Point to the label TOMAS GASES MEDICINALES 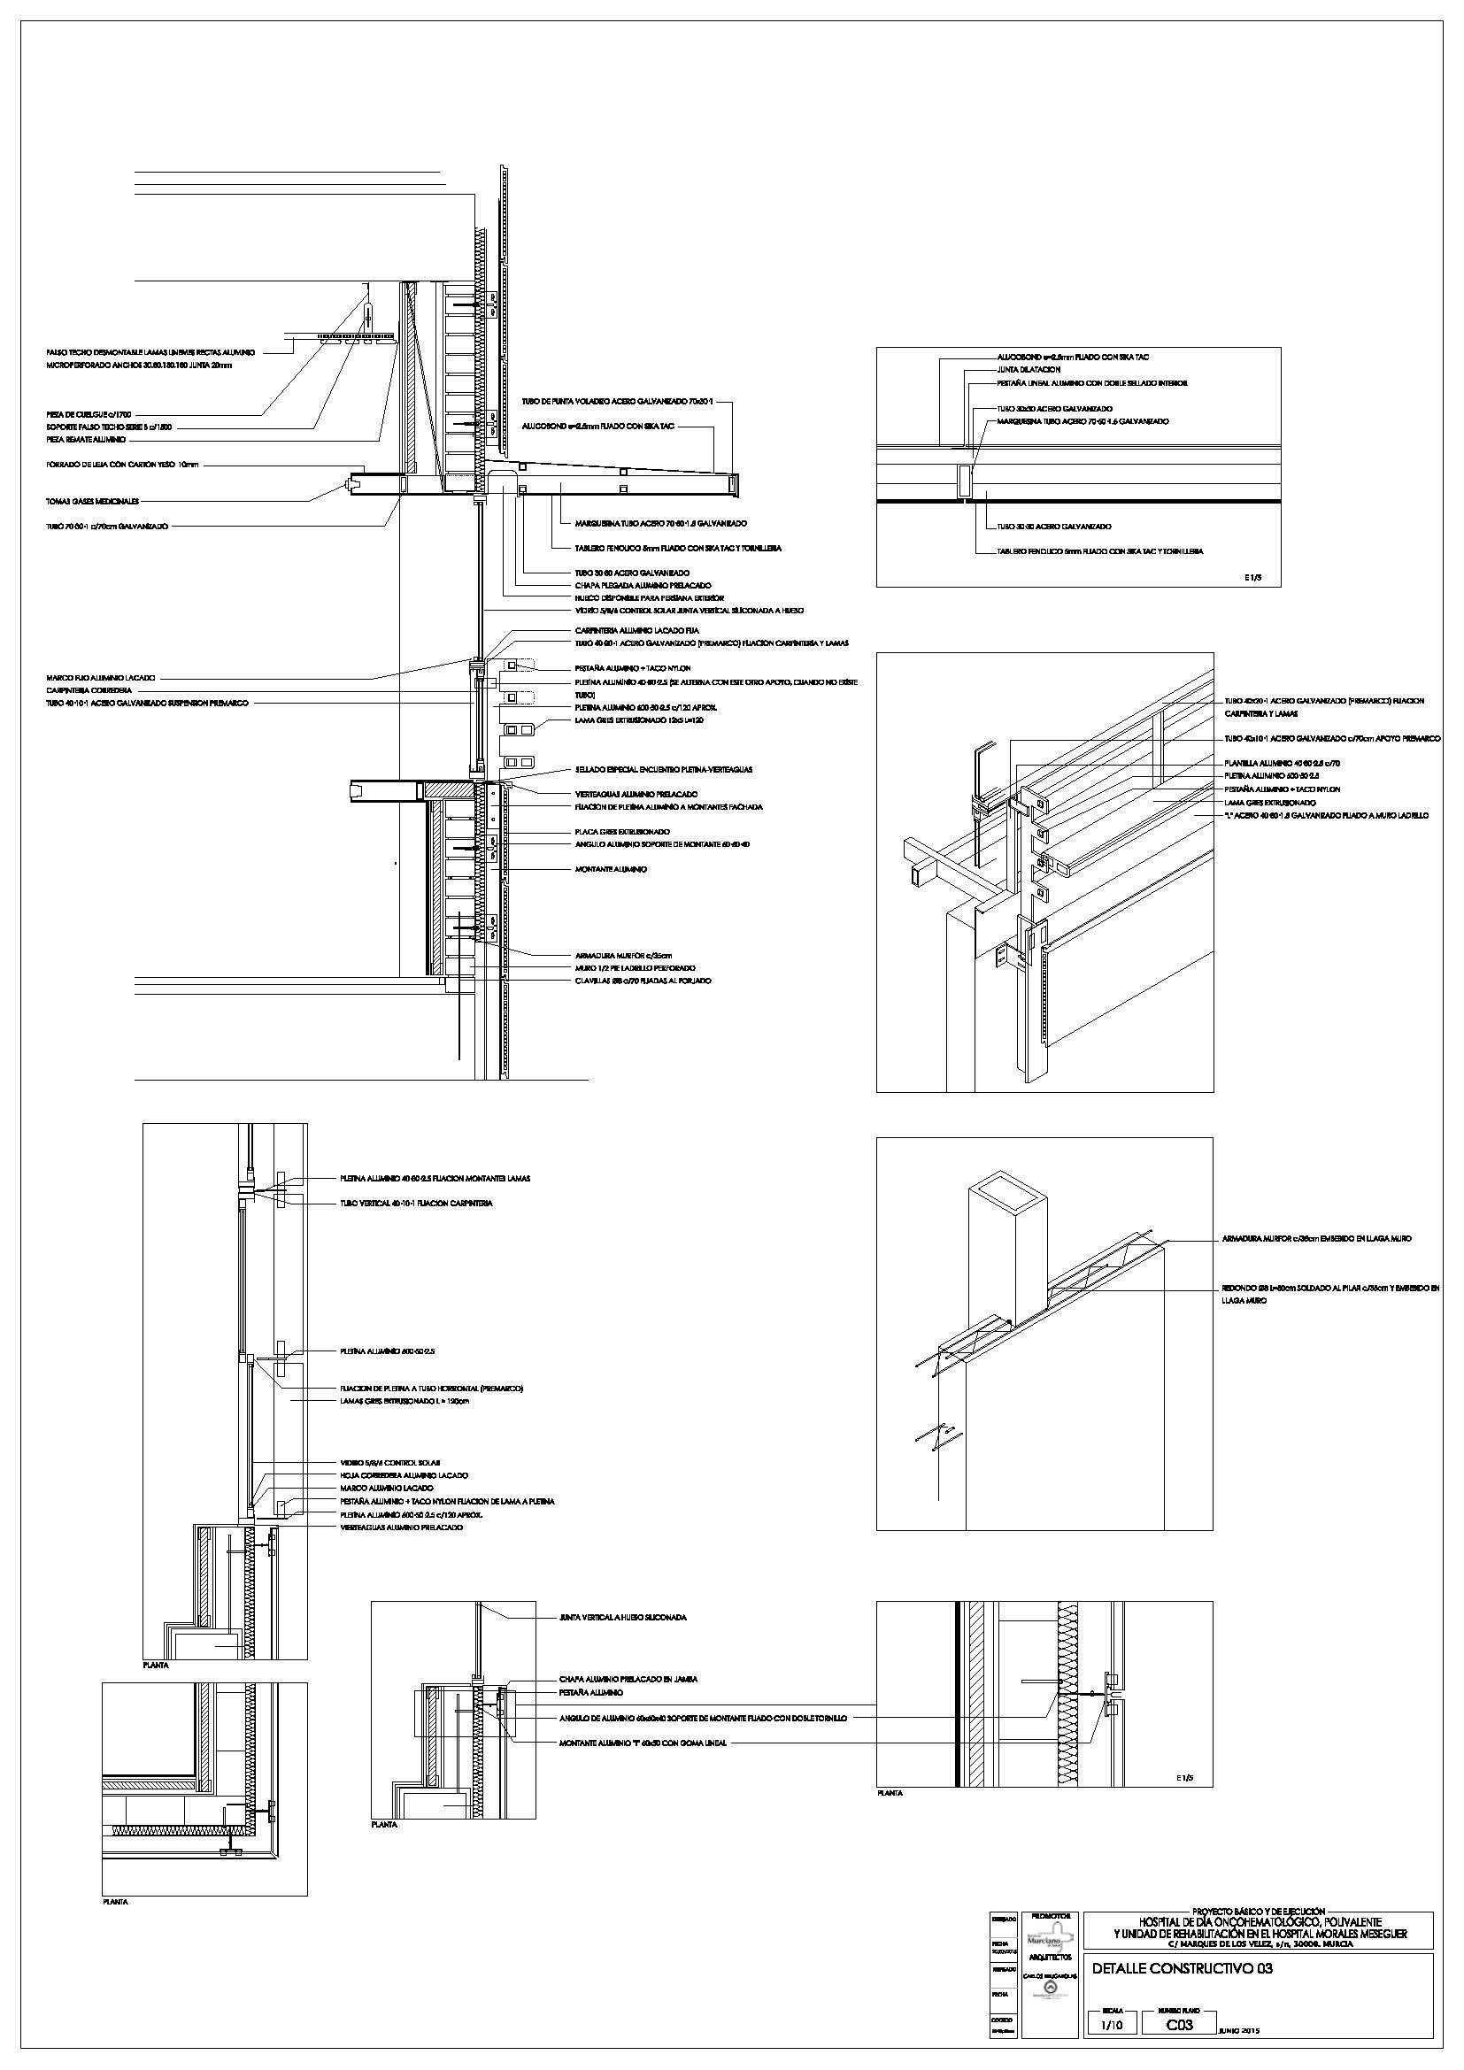93,500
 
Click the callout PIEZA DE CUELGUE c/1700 89,414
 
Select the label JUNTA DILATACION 1029,370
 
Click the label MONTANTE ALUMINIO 612,869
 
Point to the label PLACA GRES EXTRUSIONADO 622,831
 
